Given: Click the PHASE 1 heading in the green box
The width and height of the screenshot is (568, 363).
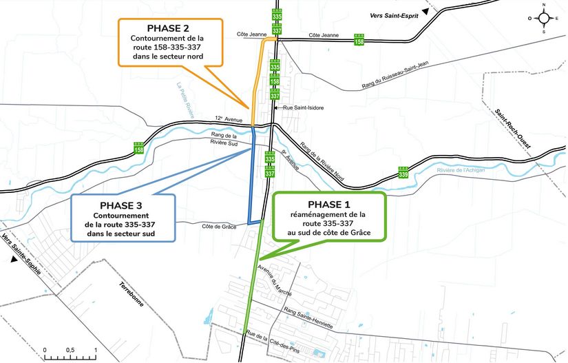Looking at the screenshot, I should [329, 205].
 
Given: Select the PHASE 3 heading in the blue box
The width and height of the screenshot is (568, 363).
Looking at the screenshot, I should [121, 205].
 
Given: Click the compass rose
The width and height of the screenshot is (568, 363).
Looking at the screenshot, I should [544, 18].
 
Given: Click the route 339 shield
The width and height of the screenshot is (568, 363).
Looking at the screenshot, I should [403, 172].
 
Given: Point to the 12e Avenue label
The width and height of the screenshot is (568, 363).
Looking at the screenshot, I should [229, 118].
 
